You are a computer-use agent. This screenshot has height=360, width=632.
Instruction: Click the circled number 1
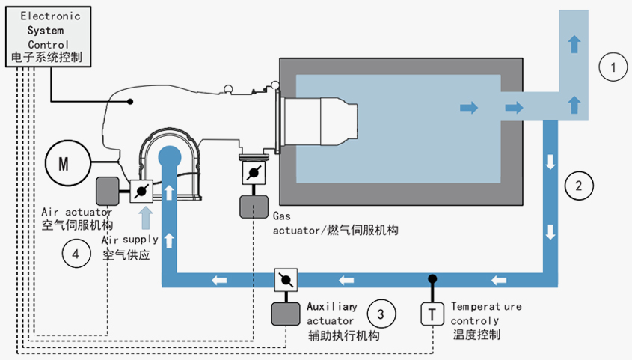[613, 69]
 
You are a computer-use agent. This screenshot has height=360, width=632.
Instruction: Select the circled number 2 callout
[578, 185]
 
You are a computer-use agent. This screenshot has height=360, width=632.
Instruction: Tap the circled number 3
[381, 313]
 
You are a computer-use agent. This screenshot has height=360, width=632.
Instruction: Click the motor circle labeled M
[64, 163]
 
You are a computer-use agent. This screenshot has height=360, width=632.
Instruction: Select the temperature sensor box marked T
[432, 313]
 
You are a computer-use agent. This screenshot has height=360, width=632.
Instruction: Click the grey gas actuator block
[254, 206]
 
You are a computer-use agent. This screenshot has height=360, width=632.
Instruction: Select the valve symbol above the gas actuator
[254, 173]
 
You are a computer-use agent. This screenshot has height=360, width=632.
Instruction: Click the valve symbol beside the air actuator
[141, 192]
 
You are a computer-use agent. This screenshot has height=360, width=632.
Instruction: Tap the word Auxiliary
[331, 307]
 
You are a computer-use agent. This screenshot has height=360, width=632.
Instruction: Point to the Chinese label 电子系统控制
[47, 57]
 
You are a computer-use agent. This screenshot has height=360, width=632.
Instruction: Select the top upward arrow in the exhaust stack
[574, 43]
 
